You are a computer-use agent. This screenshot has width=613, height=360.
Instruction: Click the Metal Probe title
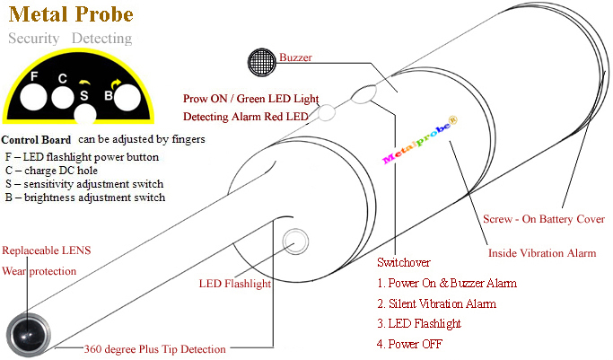click(x=70, y=14)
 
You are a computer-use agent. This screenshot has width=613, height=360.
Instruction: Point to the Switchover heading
click(x=404, y=263)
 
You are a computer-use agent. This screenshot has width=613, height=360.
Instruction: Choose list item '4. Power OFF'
click(x=410, y=344)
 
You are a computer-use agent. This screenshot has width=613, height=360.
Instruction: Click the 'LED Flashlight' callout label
click(x=234, y=284)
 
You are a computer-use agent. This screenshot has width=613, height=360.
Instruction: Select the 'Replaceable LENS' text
click(x=47, y=250)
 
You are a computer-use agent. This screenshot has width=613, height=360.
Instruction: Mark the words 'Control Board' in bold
click(x=36, y=140)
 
